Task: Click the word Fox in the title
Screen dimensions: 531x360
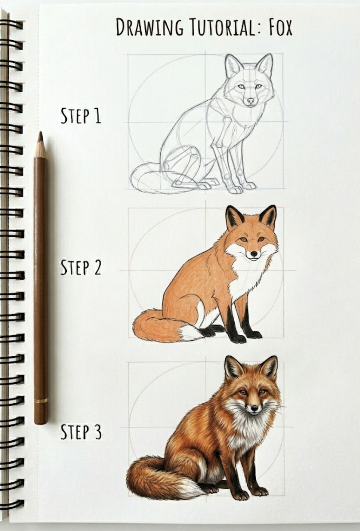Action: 280,27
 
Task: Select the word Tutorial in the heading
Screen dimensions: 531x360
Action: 222,27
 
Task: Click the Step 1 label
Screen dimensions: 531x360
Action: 81,116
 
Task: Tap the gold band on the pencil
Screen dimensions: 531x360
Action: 40,400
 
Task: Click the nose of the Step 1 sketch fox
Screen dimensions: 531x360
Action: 251,100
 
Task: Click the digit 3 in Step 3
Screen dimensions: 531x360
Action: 97,432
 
